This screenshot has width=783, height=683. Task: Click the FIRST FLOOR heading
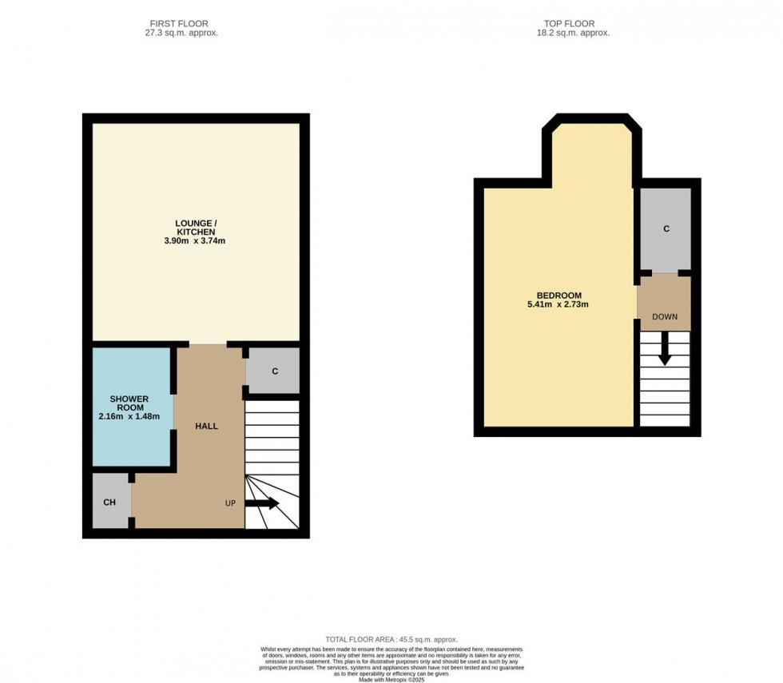(178, 23)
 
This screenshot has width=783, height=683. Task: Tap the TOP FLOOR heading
(573, 23)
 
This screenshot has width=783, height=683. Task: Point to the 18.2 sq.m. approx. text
(573, 34)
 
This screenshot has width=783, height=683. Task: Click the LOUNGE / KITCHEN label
(196, 226)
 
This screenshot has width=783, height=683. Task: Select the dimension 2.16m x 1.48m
(129, 416)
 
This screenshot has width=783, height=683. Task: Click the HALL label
(207, 426)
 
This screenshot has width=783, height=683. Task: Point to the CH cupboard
(110, 502)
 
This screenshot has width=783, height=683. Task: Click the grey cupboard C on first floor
(274, 371)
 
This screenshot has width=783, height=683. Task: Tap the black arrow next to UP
(262, 503)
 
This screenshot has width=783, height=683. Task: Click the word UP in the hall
(231, 503)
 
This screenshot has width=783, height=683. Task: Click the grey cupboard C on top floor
(666, 229)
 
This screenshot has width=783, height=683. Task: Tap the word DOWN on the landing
(665, 316)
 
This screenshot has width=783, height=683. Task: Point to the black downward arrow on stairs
(664, 349)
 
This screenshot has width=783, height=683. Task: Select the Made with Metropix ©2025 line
(391, 679)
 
